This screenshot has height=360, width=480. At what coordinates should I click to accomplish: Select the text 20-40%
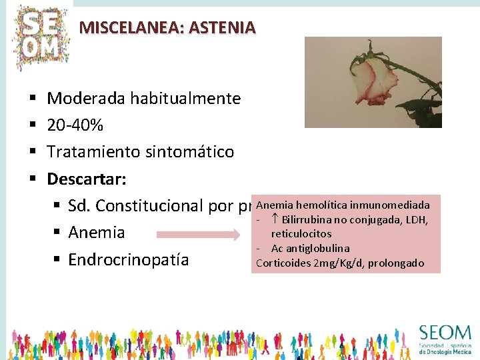pos(75,125)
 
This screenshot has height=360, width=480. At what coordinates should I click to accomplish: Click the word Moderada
pos(87,99)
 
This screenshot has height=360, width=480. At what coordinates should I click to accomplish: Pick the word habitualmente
pos(185,99)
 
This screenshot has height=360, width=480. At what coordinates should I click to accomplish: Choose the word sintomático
pos(193,151)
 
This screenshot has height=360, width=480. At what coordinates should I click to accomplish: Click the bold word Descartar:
pos(87,179)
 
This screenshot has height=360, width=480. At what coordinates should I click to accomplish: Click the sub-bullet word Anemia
pos(97,233)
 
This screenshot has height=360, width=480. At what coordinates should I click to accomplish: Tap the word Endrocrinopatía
pos(129,259)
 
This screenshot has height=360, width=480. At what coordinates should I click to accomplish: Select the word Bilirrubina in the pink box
pos(309,220)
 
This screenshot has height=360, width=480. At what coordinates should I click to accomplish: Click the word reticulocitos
pos(301,234)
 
